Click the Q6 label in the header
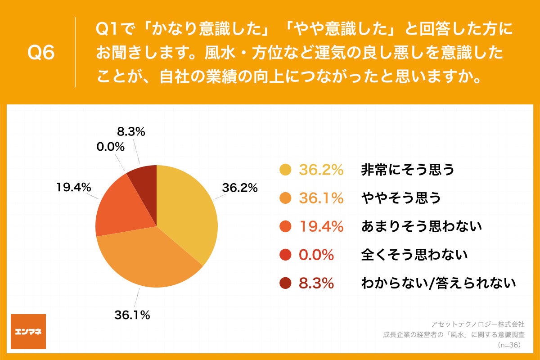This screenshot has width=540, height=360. [x=41, y=53]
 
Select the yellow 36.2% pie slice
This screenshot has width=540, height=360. [x=189, y=211]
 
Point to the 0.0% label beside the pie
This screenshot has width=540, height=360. [x=110, y=147]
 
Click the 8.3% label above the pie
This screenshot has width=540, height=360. [x=131, y=132]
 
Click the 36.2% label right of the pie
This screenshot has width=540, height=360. [x=240, y=188]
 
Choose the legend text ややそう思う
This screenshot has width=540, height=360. [x=401, y=198]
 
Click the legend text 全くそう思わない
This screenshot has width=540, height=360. [x=414, y=255]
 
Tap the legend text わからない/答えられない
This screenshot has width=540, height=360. [x=438, y=283]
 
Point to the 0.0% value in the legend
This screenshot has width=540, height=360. [x=317, y=255]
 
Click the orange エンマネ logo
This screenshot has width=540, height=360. [x=28, y=332]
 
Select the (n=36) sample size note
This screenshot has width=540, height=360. [x=508, y=345]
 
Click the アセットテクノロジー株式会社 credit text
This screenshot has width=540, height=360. [x=477, y=324]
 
